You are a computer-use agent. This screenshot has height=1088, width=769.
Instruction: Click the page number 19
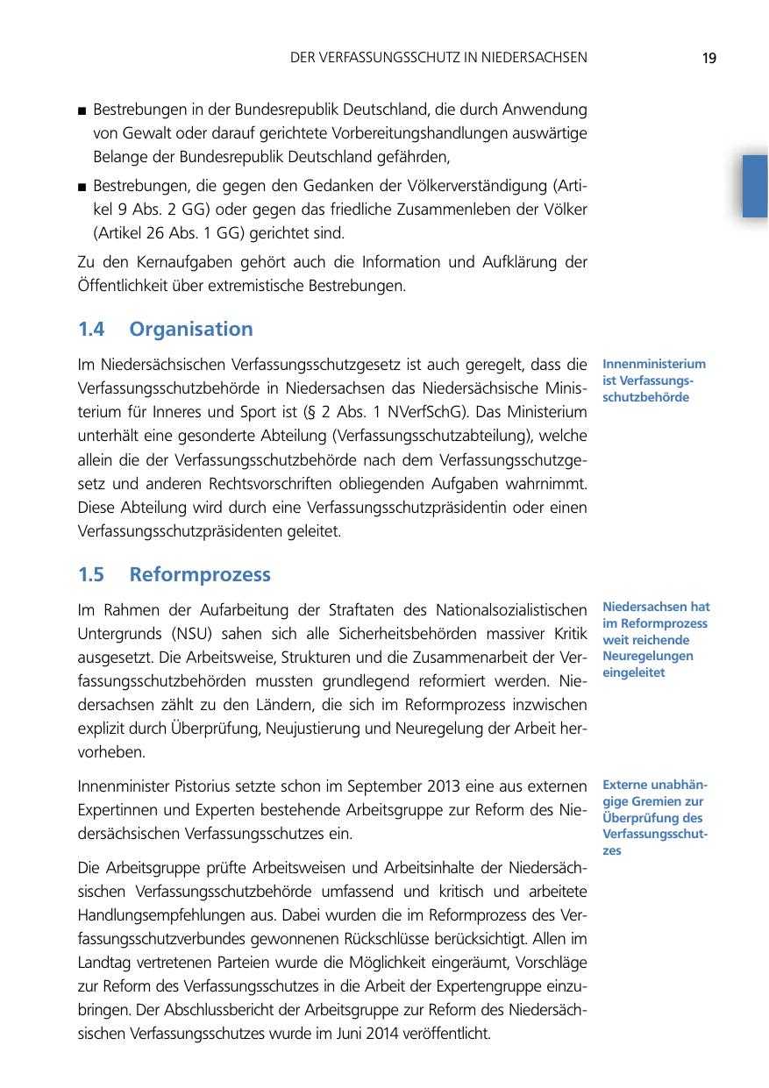[x=709, y=59]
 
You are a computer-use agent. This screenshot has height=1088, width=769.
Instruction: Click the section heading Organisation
[x=191, y=330]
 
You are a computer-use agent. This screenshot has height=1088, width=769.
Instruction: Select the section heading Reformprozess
[x=200, y=575]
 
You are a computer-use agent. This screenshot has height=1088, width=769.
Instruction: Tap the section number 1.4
[x=91, y=330]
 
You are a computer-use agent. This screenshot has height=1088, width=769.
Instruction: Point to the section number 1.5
[x=91, y=575]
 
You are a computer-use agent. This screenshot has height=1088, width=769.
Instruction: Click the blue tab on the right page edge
[x=754, y=185]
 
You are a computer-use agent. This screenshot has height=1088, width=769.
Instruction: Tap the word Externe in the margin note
[x=626, y=784]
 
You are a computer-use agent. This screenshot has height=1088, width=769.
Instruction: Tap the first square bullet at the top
[x=82, y=112]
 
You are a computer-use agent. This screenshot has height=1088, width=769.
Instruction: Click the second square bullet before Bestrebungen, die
[x=82, y=187]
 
